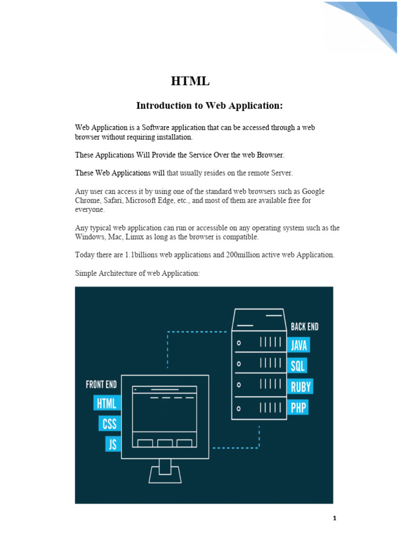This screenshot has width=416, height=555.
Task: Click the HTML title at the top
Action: [x=190, y=82]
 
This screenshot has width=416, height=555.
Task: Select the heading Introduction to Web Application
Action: [x=209, y=105]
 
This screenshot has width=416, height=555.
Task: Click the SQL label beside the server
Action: [x=297, y=366]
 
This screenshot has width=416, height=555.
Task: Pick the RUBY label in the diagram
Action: [x=301, y=386]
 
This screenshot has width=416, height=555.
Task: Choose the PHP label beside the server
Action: [x=298, y=407]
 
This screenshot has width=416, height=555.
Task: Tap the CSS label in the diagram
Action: [x=110, y=424]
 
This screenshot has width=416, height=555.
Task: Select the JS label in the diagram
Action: [x=113, y=444]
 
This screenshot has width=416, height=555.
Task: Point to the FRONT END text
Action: [x=101, y=385]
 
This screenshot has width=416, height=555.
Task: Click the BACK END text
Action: [x=304, y=327]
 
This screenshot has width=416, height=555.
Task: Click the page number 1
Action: [x=335, y=518]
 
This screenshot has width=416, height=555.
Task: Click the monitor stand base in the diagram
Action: [x=165, y=477]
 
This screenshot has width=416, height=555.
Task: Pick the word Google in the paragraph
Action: [x=313, y=192]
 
